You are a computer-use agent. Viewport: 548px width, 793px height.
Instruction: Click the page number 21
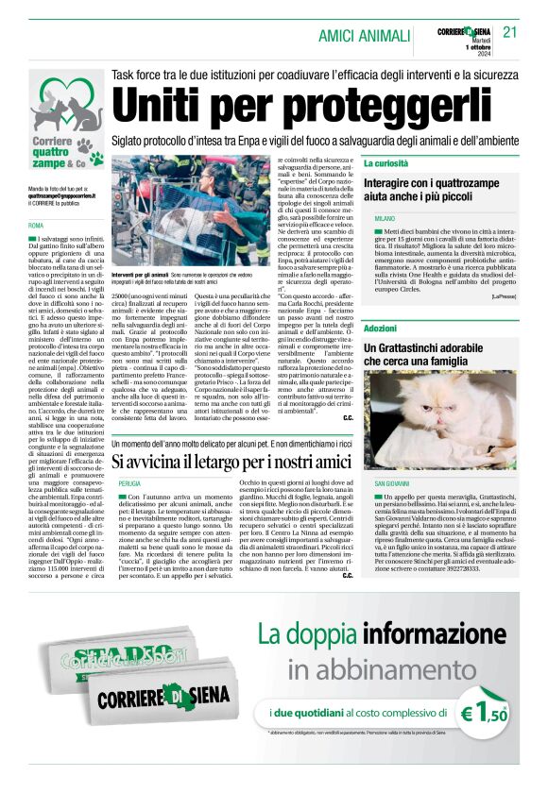click(510, 31)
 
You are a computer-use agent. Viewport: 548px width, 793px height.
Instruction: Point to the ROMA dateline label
click(36, 227)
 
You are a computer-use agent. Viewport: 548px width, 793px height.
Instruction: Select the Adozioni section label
click(380, 329)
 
